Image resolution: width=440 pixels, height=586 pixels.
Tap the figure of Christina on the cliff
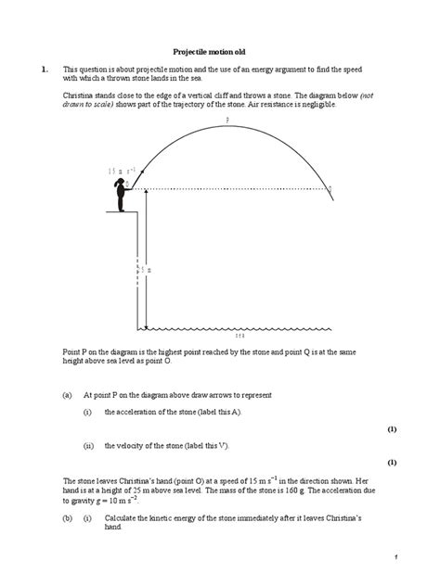pos(120,195)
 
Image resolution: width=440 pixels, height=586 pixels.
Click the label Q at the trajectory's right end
pos(331,188)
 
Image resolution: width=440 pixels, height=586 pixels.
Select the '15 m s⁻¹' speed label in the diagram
pos(122,171)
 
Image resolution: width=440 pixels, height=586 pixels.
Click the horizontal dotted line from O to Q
pos(232,188)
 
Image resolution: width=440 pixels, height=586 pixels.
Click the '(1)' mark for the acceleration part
pos(391,428)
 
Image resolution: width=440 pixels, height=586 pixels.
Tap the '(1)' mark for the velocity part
pos(391,461)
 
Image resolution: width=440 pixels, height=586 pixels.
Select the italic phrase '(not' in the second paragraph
pos(369,96)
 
